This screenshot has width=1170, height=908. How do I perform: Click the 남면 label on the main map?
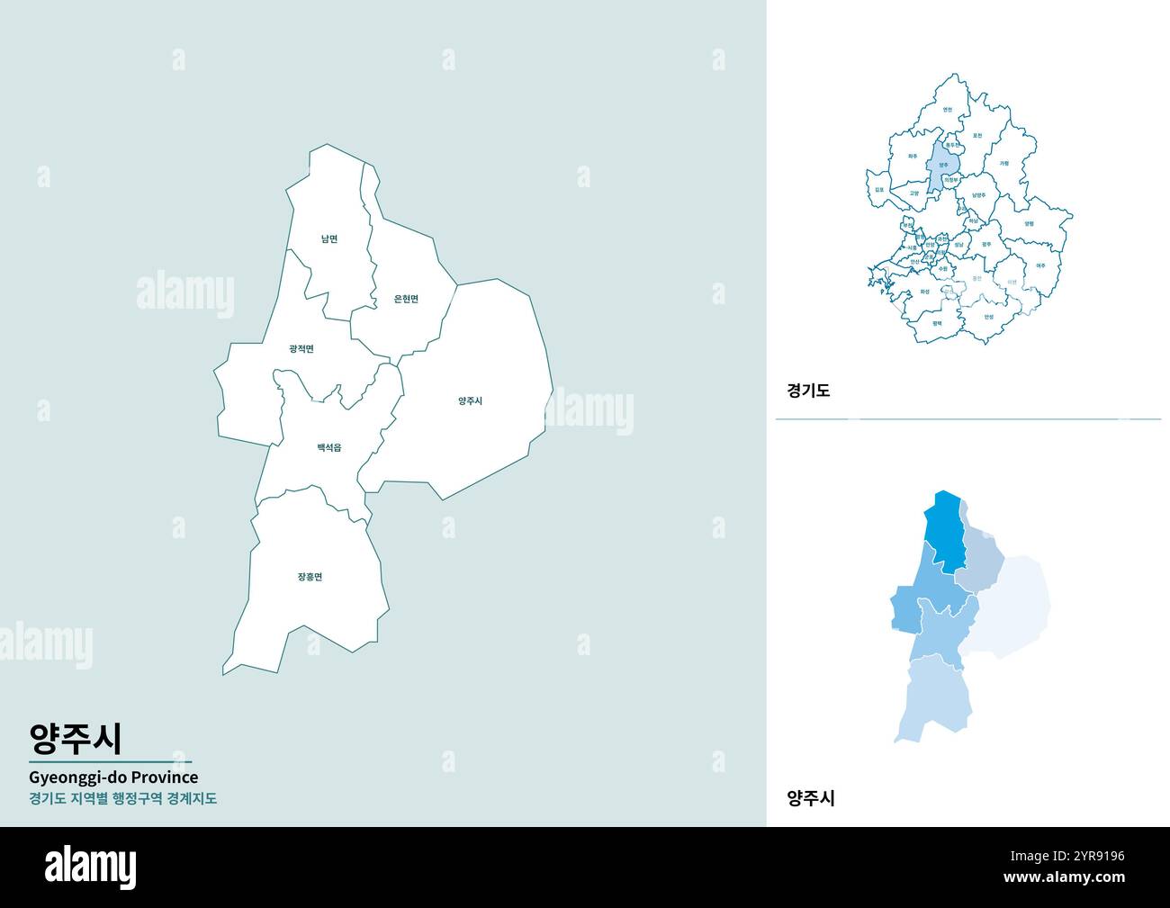[329, 239]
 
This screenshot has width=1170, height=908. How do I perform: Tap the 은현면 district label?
[406, 300]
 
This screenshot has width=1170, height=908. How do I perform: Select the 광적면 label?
[301, 349]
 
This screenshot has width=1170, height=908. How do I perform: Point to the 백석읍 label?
[328, 447]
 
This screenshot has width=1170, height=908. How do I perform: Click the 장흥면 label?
[310, 577]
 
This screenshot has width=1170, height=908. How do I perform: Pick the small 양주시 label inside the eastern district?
[470, 401]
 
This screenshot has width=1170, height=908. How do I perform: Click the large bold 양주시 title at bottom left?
[76, 739]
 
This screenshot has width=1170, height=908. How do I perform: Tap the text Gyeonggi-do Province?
[113, 777]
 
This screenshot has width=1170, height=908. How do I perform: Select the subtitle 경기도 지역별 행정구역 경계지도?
[122, 798]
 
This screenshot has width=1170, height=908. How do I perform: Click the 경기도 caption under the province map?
[808, 391]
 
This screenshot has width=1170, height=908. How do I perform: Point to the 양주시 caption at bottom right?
[811, 797]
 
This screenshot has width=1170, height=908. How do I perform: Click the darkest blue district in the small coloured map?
[944, 531]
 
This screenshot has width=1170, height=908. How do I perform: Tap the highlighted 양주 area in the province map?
[943, 165]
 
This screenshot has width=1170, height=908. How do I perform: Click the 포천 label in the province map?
[977, 136]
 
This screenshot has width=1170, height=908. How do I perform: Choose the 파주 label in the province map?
[913, 157]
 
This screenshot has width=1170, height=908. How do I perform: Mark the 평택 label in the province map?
[937, 322]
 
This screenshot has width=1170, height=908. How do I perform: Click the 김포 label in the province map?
[879, 190]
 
